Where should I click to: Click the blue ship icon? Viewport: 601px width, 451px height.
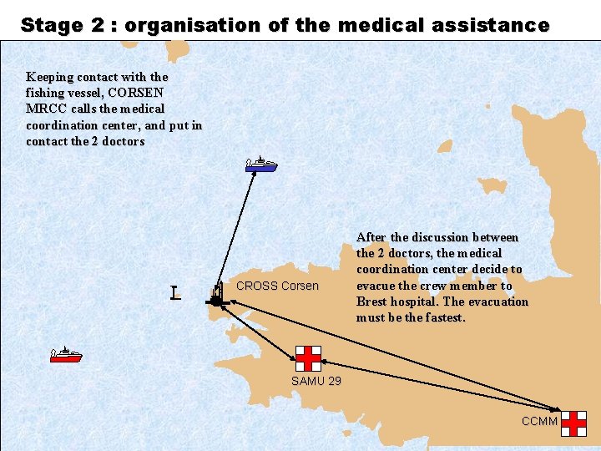261,165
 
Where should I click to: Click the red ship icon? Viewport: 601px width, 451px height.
66,355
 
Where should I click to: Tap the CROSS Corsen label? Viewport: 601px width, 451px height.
278,286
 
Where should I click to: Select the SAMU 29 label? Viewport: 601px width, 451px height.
316,382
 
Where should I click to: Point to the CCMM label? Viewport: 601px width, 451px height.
539,421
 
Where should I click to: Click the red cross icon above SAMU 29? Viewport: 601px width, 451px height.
308,357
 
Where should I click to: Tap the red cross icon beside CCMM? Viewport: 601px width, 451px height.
573,423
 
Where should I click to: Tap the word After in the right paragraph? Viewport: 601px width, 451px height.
372,238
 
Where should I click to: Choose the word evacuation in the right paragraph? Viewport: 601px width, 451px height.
497,302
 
